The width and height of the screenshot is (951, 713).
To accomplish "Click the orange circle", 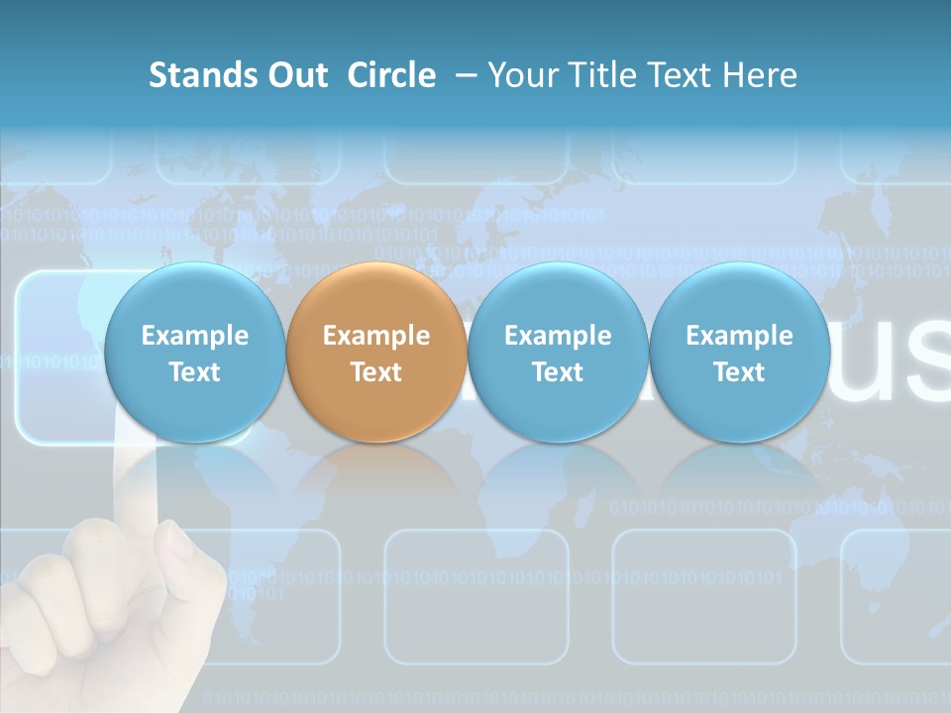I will point(376,352).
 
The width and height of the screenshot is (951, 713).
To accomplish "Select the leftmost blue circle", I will point(194,352).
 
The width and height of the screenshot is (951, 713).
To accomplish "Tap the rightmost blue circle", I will point(739,352).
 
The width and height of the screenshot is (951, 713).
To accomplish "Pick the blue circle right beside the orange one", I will point(558,352).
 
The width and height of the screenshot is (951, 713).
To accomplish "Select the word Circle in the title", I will point(391,75).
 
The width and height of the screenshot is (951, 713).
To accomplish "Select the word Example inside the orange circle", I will point(376,336).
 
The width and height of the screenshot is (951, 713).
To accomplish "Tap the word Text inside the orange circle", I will point(376,372).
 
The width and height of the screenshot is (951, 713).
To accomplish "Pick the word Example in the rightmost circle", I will point(739,336).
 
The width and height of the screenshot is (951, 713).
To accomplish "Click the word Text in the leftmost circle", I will point(194,372).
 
